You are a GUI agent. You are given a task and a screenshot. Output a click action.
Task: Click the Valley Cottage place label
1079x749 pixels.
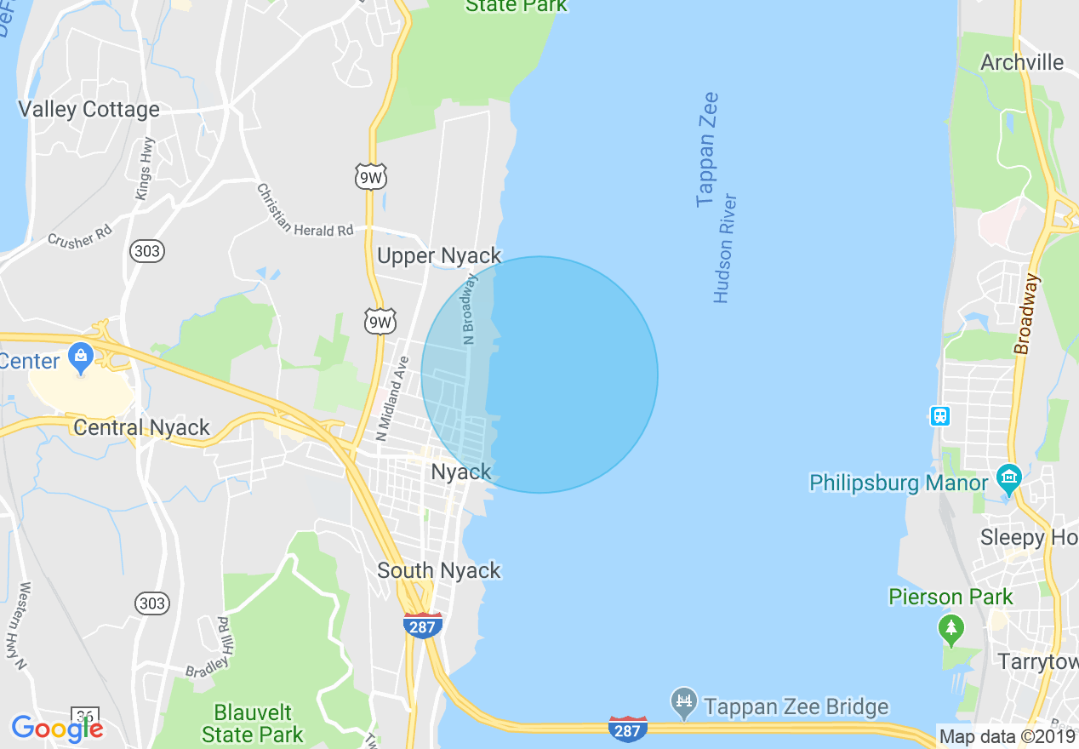89,110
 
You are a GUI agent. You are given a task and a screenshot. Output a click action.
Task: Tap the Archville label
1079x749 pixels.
1022,62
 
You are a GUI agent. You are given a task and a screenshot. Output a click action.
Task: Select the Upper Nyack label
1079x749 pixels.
439,255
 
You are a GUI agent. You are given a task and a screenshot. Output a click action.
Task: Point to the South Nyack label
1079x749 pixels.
439,570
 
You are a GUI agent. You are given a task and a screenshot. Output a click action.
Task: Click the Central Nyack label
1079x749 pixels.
141,427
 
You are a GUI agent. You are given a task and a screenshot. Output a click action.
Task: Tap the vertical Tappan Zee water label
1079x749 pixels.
707,150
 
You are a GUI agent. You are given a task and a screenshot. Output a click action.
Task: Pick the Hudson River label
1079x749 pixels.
724,249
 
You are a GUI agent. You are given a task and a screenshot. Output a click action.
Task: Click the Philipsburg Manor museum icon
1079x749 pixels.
1008,478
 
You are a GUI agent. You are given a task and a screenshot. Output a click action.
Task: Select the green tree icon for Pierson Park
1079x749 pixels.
951,629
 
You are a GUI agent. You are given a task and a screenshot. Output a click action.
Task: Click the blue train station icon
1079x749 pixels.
939,416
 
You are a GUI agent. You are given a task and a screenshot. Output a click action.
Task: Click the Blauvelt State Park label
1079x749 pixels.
253,723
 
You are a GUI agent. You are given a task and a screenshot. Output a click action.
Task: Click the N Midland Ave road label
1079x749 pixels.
392,398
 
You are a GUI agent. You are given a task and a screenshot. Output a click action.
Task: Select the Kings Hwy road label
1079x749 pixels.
145,169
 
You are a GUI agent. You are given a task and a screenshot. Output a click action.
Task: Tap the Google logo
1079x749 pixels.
57,729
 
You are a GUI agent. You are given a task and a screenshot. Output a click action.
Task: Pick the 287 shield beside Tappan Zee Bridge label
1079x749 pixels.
628,729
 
